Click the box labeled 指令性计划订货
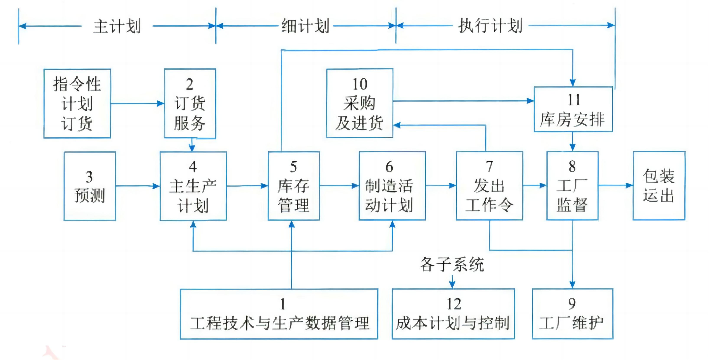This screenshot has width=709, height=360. pyautogui.click(x=77, y=104)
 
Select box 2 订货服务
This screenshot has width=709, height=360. pyautogui.click(x=190, y=104)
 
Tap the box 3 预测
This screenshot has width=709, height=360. pyautogui.click(x=90, y=186)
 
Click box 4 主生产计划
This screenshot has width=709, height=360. pyautogui.click(x=193, y=186)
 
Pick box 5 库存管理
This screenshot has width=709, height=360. pyautogui.click(x=294, y=186)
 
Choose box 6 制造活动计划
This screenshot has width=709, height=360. pyautogui.click(x=392, y=186)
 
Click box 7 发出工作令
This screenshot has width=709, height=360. pyautogui.click(x=489, y=186)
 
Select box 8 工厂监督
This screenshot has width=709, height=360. pyautogui.click(x=572, y=186)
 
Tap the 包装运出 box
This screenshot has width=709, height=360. pyautogui.click(x=659, y=186)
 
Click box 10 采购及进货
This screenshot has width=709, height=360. pyautogui.click(x=359, y=104)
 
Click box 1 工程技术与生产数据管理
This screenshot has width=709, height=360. pyautogui.click(x=279, y=314)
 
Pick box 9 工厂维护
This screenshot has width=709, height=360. pyautogui.click(x=573, y=314)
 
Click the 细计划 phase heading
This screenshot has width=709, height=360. pyautogui.click(x=305, y=26)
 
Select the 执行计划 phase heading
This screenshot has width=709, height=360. pyautogui.click(x=490, y=26)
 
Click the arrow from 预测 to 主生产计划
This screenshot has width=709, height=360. pyautogui.click(x=138, y=186)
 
